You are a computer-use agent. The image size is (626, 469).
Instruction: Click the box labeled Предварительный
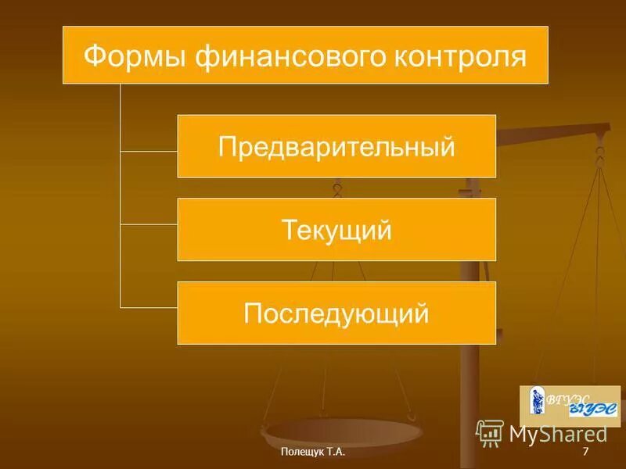(x=336, y=146)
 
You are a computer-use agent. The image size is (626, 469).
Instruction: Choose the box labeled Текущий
(x=336, y=230)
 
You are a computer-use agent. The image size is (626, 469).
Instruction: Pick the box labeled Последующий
(x=336, y=313)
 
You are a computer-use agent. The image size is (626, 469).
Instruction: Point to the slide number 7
(x=585, y=453)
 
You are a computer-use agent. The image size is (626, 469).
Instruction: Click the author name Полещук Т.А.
(x=312, y=453)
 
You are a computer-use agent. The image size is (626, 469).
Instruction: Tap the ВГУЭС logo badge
(x=570, y=406)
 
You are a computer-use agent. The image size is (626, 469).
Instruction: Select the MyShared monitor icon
(x=490, y=433)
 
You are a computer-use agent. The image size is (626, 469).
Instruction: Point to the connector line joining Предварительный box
(x=149, y=149)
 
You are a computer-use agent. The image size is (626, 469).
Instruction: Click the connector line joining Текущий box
(x=149, y=224)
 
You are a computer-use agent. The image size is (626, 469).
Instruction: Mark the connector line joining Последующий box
(x=149, y=306)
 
